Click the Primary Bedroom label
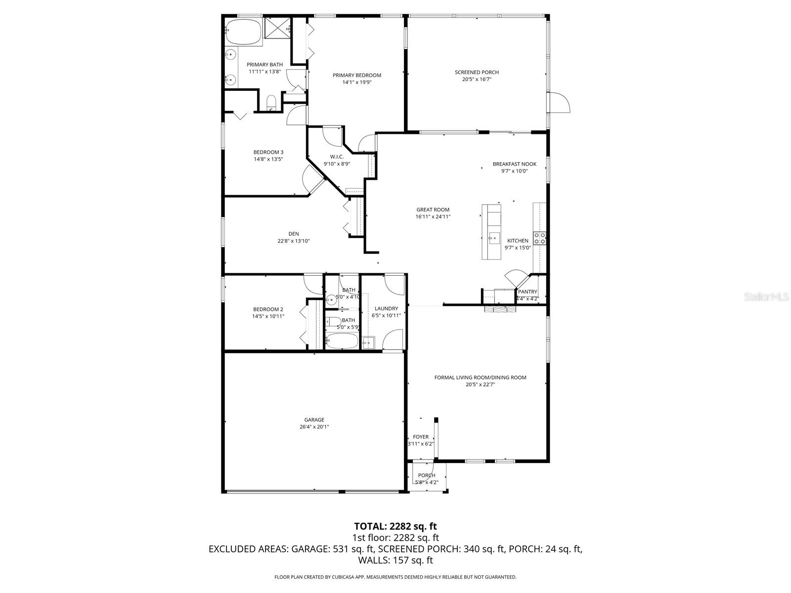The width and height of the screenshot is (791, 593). pyautogui.click(x=356, y=75)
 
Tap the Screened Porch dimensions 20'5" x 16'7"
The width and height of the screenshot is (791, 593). pyautogui.click(x=477, y=79)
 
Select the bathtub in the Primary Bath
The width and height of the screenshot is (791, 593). pyautogui.click(x=243, y=33)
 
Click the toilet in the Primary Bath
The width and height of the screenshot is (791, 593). pyautogui.click(x=271, y=103)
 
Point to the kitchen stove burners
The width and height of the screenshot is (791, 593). pyautogui.click(x=539, y=239)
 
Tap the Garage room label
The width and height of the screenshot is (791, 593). pyautogui.click(x=314, y=420)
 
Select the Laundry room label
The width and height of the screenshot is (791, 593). pyautogui.click(x=386, y=308)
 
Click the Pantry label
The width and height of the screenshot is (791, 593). pyautogui.click(x=527, y=292)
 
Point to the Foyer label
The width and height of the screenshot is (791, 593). pyautogui.click(x=421, y=437)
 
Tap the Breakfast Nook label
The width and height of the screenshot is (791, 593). pyautogui.click(x=514, y=164)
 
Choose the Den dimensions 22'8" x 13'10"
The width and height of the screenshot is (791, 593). pyautogui.click(x=294, y=241)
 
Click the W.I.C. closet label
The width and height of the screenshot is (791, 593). pyautogui.click(x=337, y=157)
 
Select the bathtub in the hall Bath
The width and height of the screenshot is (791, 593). pyautogui.click(x=342, y=340)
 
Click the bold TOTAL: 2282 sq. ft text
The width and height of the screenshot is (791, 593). pyautogui.click(x=395, y=526)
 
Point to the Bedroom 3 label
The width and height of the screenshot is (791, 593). pyautogui.click(x=268, y=152)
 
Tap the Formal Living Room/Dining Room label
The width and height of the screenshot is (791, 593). pyautogui.click(x=480, y=378)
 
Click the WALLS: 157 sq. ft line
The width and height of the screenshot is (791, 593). pyautogui.click(x=395, y=560)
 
